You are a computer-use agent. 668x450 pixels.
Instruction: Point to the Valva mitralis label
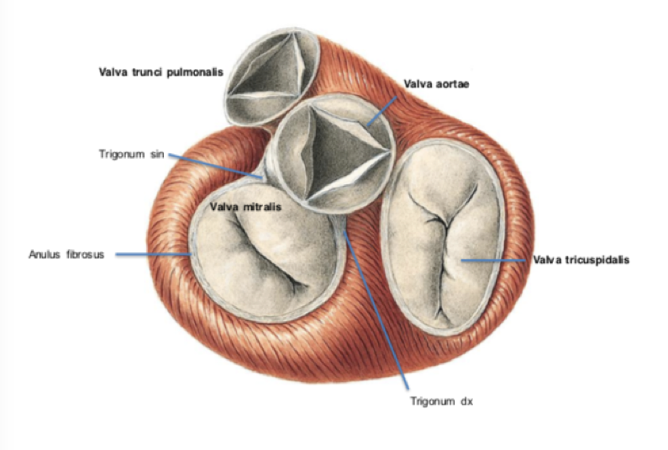[245, 206]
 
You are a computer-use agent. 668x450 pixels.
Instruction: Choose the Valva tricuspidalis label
[581, 260]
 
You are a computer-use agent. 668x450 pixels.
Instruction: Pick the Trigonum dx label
[440, 401]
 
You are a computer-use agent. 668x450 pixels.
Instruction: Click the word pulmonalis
[196, 72]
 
